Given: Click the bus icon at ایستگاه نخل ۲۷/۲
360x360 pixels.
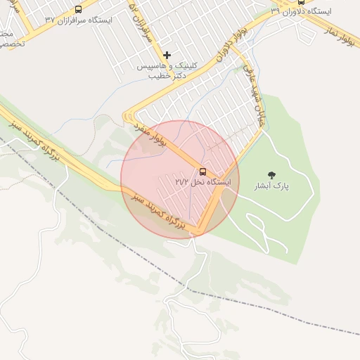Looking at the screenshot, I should point(202,172).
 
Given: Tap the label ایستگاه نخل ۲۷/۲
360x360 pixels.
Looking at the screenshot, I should point(202,182).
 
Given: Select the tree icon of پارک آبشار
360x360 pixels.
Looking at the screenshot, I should point(272,175).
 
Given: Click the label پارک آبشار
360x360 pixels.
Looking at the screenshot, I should point(271,186).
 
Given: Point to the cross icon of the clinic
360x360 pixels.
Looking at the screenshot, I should point(167,55).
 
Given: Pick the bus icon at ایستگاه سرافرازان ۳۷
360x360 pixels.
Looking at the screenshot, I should point(78,10).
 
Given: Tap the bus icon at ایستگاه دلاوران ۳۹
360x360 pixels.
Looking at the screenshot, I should point(301,2).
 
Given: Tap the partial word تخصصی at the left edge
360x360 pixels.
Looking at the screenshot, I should point(11,43).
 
